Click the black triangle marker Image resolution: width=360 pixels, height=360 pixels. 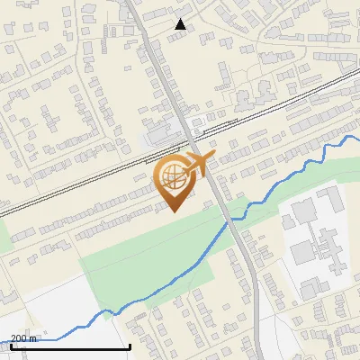(180, 23)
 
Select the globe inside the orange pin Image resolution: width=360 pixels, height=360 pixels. (173, 176)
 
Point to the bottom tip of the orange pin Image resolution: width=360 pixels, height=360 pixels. (174, 211)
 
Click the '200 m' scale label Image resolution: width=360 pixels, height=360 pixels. (23, 337)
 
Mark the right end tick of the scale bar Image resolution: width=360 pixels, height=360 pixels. (130, 346)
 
